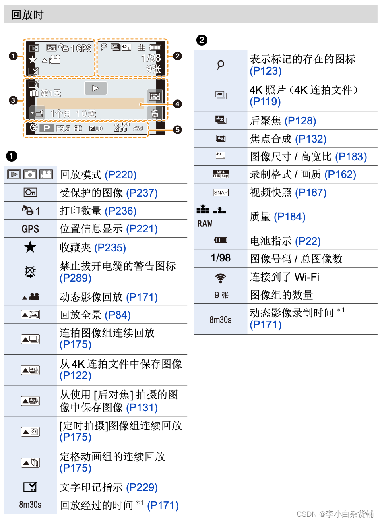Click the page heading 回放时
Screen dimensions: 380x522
[27, 15]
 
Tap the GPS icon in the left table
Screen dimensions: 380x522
[30, 229]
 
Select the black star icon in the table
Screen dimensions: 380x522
[30, 247]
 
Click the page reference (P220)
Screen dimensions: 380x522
[120, 175]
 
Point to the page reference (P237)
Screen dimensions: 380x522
[142, 193]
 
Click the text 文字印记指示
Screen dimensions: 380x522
[91, 487]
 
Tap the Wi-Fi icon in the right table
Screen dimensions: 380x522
[220, 278]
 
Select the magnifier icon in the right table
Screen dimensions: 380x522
[221, 65]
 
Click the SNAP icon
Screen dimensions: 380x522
[221, 193]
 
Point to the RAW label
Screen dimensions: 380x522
[205, 224]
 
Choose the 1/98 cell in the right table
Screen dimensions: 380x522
[221, 258]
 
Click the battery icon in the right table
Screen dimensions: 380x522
[221, 240]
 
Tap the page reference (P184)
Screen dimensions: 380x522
[289, 217]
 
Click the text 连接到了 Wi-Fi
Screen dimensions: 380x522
[284, 277]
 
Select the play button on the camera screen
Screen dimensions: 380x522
[95, 88]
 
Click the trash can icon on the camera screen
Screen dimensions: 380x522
[155, 113]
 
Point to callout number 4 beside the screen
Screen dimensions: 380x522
[178, 104]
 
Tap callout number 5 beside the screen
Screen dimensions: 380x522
[178, 129]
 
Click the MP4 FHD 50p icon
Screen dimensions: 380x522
[221, 174]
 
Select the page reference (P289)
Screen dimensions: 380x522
[75, 278]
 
